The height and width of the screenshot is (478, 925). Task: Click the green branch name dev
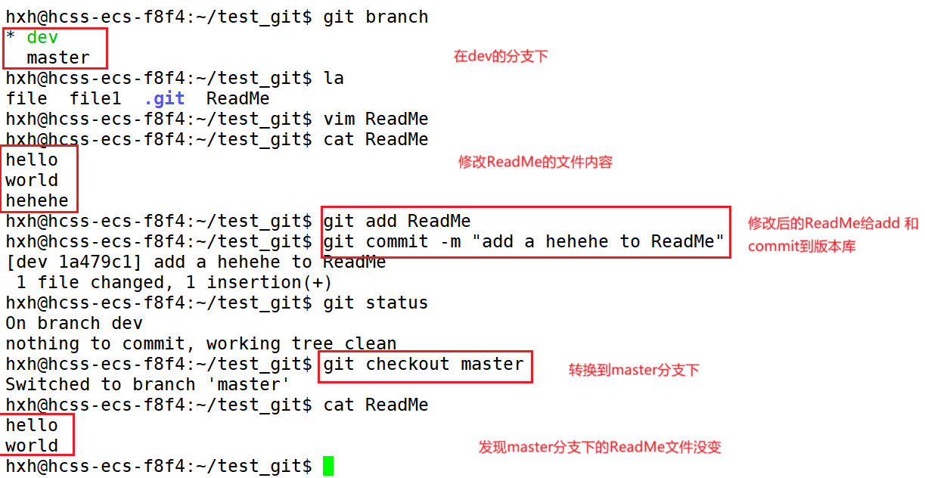click(x=42, y=37)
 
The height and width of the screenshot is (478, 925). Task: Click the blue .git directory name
click(x=164, y=98)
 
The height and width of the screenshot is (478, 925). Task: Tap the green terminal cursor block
click(x=327, y=466)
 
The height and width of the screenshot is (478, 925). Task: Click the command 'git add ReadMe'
click(x=397, y=221)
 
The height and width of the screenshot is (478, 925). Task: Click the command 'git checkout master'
click(x=424, y=364)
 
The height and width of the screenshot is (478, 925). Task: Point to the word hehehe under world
click(x=37, y=200)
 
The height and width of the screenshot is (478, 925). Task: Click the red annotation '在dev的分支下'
click(x=501, y=56)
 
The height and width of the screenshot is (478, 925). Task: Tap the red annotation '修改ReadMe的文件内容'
click(x=535, y=162)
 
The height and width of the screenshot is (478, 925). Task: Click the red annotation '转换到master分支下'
click(x=634, y=370)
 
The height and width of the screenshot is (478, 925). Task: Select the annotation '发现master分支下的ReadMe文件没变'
click(x=600, y=447)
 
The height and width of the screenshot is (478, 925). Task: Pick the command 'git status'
click(x=376, y=303)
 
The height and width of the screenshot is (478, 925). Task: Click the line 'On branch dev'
click(x=74, y=323)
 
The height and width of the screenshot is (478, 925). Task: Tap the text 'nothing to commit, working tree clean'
click(x=201, y=343)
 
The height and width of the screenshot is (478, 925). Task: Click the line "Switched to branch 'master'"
click(x=148, y=384)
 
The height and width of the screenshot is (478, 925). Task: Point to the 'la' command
click(x=334, y=78)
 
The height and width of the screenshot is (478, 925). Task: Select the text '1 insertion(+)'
click(x=270, y=282)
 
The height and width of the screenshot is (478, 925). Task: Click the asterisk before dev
click(x=11, y=37)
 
